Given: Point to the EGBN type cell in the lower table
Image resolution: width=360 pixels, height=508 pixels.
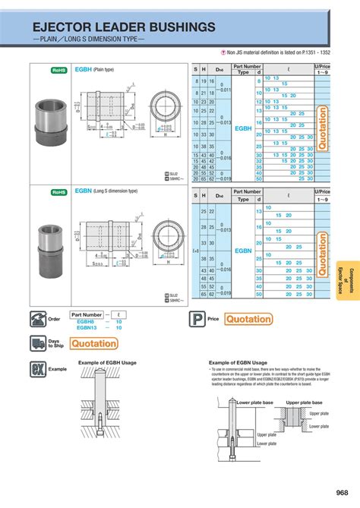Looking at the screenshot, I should [243, 250].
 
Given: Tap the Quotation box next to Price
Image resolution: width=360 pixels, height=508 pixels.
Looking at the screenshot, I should [248, 320].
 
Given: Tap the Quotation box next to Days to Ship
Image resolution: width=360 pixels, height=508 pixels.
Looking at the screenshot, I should [93, 344].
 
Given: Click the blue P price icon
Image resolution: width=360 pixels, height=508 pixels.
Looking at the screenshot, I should [196, 320].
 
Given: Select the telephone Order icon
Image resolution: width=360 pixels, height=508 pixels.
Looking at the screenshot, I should [38, 319].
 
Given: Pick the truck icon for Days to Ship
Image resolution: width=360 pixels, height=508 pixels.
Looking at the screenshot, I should [38, 343].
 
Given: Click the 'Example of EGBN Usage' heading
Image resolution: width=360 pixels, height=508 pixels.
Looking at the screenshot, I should [238, 363].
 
